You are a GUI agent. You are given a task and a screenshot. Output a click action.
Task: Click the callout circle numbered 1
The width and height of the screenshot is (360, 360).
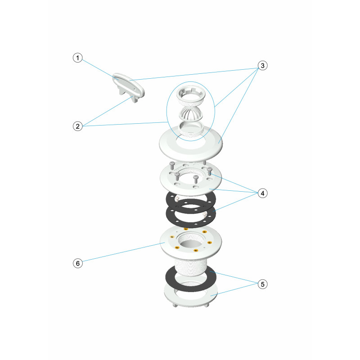pyautogui.click(x=77, y=58)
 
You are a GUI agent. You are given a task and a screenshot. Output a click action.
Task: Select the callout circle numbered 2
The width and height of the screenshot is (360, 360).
pyautogui.click(x=77, y=126)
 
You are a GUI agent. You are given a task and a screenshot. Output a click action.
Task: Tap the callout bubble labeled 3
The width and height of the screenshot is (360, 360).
pyautogui.click(x=263, y=66)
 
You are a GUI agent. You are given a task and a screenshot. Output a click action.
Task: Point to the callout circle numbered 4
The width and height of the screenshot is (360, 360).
pyautogui.click(x=263, y=193)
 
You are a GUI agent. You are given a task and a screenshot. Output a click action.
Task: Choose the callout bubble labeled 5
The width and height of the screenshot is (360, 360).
pyautogui.click(x=263, y=284)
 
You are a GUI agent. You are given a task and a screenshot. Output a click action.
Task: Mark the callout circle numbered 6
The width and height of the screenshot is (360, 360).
pyautogui.click(x=77, y=263)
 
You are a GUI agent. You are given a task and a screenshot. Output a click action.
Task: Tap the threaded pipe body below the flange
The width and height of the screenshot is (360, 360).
pyautogui.click(x=191, y=266)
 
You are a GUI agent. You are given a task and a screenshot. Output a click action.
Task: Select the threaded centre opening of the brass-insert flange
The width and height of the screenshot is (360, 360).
pyautogui.click(x=191, y=241)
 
